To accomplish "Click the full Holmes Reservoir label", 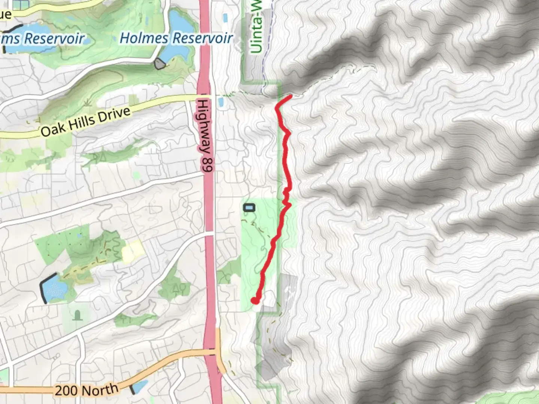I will click(x=176, y=38).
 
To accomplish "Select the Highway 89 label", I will click(x=205, y=135).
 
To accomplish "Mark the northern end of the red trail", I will click(x=290, y=97).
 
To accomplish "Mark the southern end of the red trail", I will click(x=255, y=300).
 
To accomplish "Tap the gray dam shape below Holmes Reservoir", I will click(x=160, y=64).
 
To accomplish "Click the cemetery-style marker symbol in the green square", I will click(x=77, y=315).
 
